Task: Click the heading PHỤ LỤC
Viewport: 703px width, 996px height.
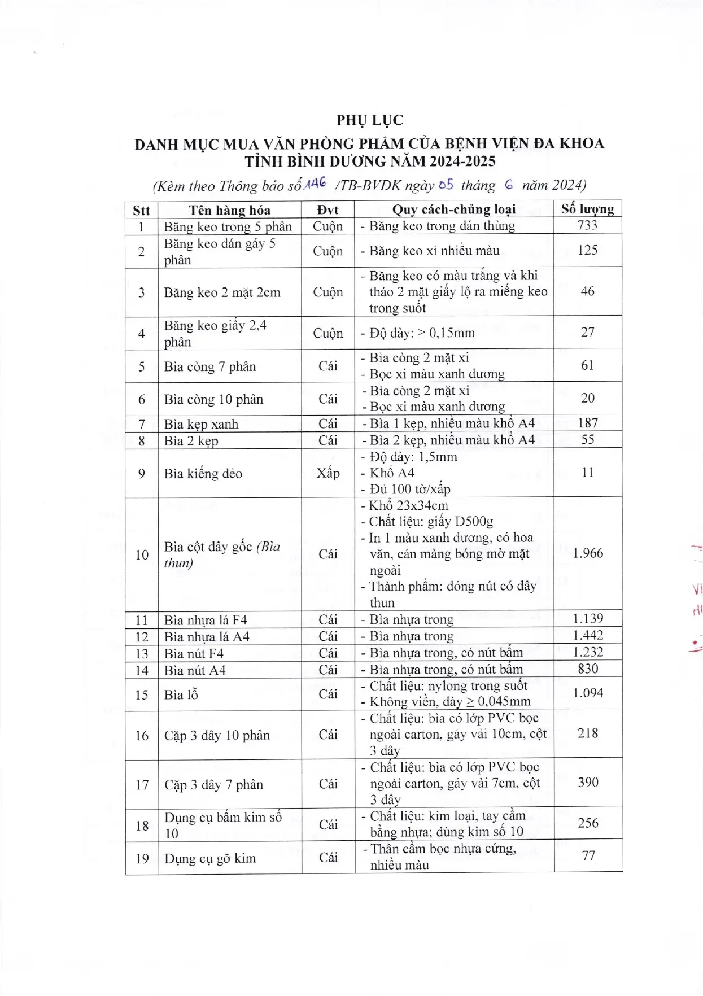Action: [370, 120]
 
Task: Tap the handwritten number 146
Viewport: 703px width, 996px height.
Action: [316, 182]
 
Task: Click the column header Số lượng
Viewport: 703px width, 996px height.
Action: [587, 209]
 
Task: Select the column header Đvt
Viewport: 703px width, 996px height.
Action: [328, 210]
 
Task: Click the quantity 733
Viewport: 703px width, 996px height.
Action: [587, 225]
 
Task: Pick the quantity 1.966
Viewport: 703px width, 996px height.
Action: [587, 553]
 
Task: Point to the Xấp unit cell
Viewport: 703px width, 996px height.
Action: [328, 473]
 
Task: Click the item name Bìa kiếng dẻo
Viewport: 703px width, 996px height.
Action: [203, 474]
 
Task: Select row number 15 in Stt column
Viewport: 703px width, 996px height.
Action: [141, 695]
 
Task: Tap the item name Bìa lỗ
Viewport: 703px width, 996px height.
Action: [181, 695]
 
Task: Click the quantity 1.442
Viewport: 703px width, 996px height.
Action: [587, 636]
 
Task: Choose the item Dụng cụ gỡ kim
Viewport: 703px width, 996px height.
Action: [210, 859]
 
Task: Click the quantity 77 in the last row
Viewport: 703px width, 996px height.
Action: [588, 856]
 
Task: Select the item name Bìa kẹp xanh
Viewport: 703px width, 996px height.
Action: [201, 425]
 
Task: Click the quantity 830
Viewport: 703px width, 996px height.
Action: [587, 669]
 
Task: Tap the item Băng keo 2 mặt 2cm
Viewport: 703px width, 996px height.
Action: [222, 292]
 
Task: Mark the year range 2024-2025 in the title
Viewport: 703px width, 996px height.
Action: [462, 161]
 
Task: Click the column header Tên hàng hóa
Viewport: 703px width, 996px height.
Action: [229, 211]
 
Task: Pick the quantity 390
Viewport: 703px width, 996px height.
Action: [588, 783]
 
